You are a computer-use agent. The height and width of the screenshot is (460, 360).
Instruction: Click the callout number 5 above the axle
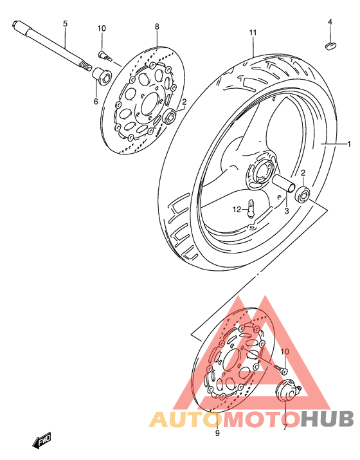click(x=65, y=24)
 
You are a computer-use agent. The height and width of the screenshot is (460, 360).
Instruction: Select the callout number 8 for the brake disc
click(x=156, y=26)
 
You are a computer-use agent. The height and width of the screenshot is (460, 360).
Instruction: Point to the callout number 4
click(x=330, y=22)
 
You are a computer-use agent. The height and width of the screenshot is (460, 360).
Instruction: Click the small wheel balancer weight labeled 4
click(x=329, y=45)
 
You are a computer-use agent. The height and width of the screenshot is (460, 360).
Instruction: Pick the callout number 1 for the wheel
click(x=350, y=143)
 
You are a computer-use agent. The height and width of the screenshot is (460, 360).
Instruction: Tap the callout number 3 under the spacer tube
click(x=286, y=210)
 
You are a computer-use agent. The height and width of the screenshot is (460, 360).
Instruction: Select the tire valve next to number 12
click(x=252, y=209)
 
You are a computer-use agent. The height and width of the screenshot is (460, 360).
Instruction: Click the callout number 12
click(x=237, y=209)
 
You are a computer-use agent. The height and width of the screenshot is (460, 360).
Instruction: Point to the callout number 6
click(x=96, y=101)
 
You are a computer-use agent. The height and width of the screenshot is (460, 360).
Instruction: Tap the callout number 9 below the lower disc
click(x=217, y=434)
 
